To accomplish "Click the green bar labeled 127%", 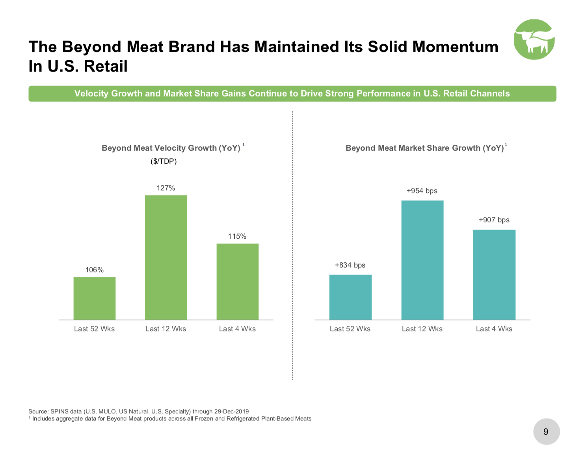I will tap(166, 257).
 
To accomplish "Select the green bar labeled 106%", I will tap(95, 298).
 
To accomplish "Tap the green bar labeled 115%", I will tap(238, 281).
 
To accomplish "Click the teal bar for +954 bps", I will tap(422, 260).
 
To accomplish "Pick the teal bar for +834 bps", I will tap(350, 297).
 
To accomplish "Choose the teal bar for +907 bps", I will tap(494, 275).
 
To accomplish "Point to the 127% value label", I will tap(166, 188).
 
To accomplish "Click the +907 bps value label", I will tap(494, 220).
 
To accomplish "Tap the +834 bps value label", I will tap(350, 265).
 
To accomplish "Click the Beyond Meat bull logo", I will tap(534, 40).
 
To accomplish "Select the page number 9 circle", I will tap(546, 432).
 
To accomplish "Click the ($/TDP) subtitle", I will tap(164, 161).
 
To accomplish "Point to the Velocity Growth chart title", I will tap(171, 148).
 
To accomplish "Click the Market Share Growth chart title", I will tap(425, 148).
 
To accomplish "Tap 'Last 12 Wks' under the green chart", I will tap(166, 329).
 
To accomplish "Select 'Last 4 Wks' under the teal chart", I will tap(494, 329).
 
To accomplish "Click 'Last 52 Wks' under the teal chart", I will tap(350, 329).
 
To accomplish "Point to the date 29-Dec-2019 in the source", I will tap(231, 411).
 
